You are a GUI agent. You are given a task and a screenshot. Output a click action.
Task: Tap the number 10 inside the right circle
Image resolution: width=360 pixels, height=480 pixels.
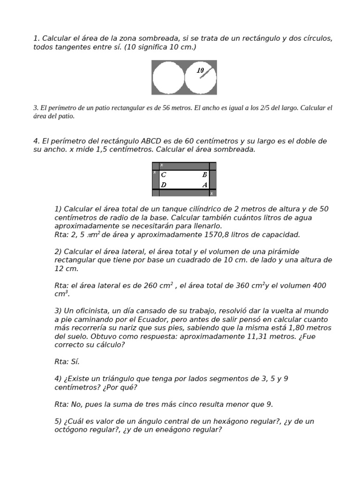(201, 71)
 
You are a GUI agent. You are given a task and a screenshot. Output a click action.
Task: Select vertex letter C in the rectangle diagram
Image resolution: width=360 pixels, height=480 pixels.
(163, 175)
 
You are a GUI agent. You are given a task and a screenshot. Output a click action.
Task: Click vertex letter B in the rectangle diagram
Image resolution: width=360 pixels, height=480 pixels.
(205, 175)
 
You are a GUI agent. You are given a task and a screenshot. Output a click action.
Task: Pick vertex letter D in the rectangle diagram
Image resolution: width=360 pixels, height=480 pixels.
(163, 185)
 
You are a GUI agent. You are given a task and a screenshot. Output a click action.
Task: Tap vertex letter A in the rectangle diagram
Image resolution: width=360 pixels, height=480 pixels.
(205, 185)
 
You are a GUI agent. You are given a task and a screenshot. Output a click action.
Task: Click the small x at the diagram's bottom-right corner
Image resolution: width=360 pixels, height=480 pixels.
(211, 193)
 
